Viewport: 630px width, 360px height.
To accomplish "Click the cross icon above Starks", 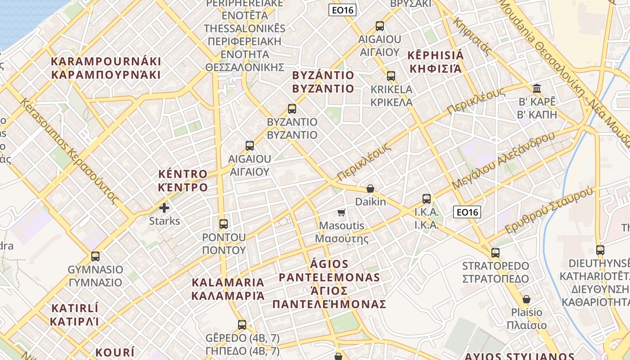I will click(164, 208).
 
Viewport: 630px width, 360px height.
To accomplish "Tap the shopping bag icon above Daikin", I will click(370, 189).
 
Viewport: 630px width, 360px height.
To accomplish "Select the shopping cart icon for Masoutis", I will click(342, 212).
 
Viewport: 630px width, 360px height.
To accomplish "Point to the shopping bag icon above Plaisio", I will click(526, 299).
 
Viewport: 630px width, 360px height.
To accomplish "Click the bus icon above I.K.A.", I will click(427, 198).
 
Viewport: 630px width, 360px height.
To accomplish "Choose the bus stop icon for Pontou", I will click(224, 224).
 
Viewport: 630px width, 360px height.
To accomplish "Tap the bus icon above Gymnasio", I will click(95, 256).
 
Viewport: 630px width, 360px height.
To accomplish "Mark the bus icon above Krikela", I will click(391, 76).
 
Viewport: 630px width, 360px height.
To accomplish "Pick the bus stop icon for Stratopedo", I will click(495, 253).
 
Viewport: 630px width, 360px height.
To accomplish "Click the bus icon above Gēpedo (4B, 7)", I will click(242, 324).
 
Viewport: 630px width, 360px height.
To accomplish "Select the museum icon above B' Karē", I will click(537, 88).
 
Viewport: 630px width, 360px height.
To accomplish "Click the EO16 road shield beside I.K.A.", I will click(467, 211).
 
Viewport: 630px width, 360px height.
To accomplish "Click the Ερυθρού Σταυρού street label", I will click(549, 211).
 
